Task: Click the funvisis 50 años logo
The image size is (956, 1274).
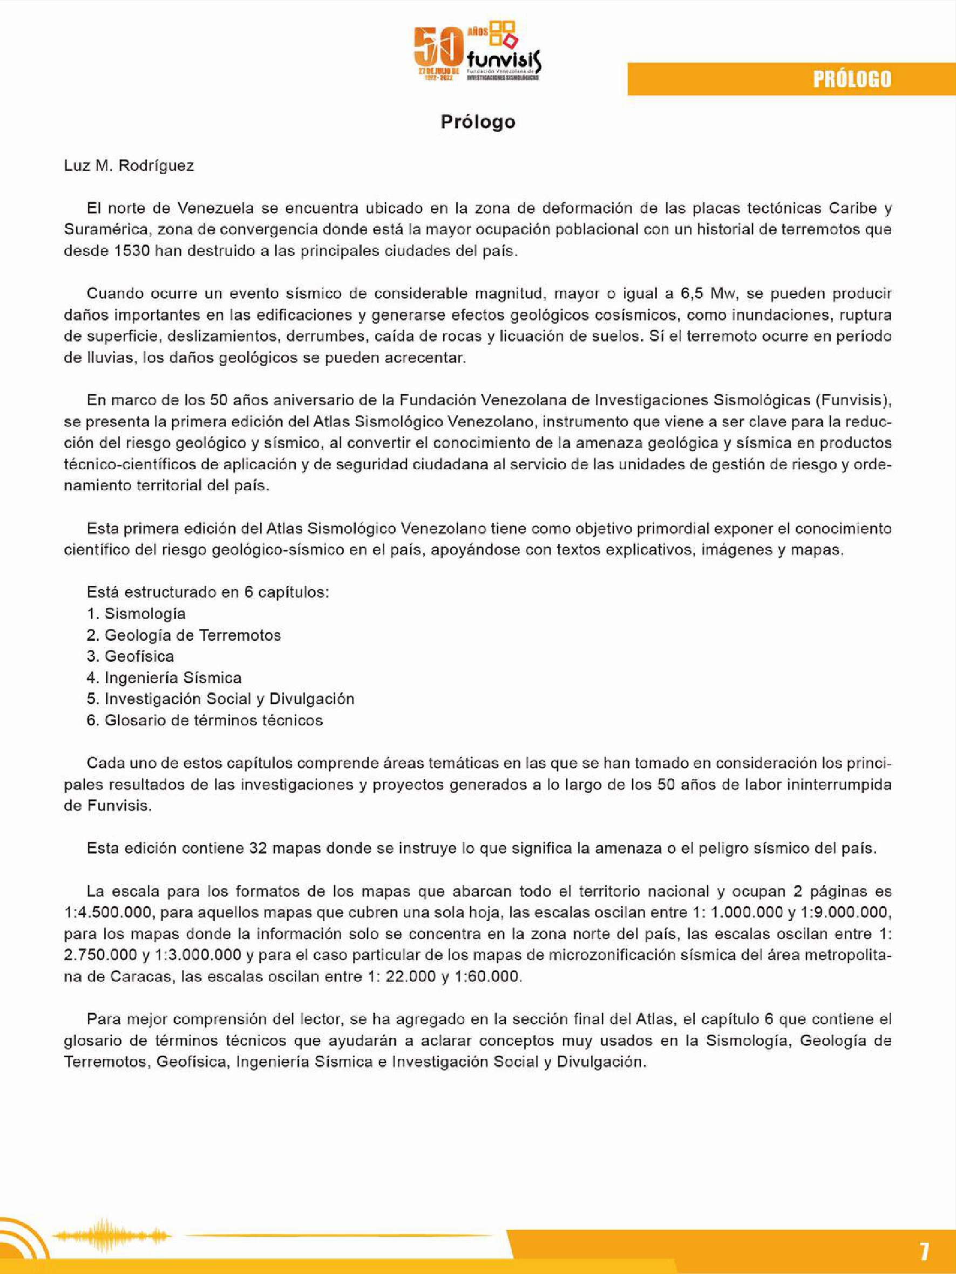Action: point(477,52)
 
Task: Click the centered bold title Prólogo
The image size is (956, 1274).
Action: point(478,122)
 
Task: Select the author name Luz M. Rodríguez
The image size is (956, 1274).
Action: point(129,166)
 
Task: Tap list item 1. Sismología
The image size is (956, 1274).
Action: point(136,613)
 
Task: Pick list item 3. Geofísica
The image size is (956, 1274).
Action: point(130,656)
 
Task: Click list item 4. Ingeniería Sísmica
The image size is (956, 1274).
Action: point(164,677)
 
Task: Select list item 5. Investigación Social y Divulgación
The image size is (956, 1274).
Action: point(220,698)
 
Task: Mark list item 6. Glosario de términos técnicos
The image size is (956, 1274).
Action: point(205,720)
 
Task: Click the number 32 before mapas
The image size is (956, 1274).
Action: point(257,848)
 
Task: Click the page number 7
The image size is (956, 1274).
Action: point(924,1251)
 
